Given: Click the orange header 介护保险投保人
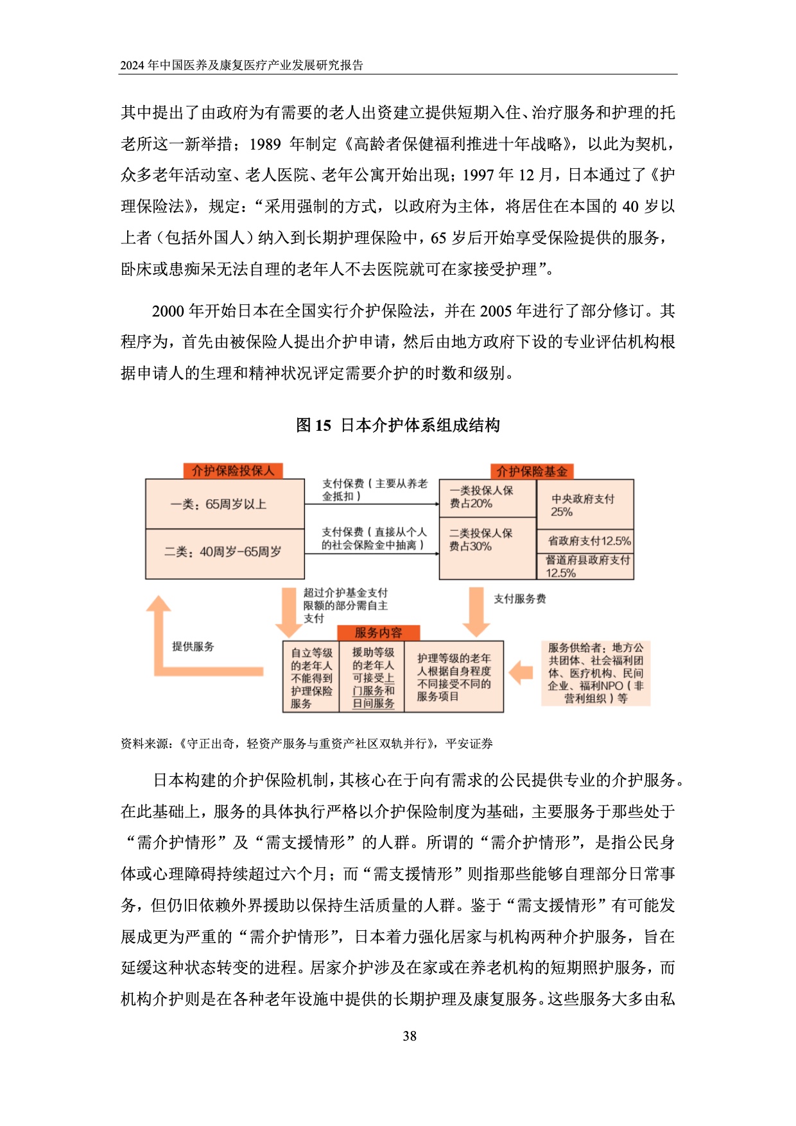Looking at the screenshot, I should (232, 471).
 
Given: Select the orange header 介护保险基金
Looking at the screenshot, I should (532, 471).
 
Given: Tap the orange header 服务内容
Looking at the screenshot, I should (378, 632).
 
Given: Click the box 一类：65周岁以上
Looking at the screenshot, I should (225, 504).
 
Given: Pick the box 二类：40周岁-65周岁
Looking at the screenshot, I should (225, 552).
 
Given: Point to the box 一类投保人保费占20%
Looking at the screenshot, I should (487, 498).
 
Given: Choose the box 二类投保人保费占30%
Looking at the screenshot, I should (487, 546).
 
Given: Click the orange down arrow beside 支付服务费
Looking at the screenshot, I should (476, 611).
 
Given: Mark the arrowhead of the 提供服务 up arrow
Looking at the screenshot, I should (159, 605).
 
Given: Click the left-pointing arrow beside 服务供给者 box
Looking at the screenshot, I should (521, 673).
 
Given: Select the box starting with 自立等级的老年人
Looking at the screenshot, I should (311, 677).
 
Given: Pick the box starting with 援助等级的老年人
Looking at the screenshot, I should (372, 677).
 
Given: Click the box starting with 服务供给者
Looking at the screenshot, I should (595, 673).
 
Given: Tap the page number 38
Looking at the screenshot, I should (410, 1035).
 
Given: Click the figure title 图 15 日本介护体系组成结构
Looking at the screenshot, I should (398, 425).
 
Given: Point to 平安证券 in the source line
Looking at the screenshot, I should (469, 743).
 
